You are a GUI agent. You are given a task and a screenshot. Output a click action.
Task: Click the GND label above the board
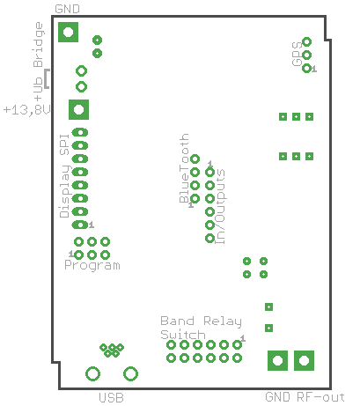point(67,9)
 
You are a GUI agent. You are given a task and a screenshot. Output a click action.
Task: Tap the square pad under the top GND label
point(68,32)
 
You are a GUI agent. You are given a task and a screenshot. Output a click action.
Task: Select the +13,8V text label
point(26,110)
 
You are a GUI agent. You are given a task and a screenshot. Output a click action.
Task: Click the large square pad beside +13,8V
point(78,110)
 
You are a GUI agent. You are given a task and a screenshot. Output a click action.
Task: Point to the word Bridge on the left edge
point(39,45)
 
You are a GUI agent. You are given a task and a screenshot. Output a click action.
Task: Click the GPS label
point(297,54)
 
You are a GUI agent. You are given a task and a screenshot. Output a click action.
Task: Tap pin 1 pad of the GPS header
point(306,69)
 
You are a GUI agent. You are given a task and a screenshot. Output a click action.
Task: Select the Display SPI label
point(64,176)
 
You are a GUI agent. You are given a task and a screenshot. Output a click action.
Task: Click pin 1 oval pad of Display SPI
point(80,225)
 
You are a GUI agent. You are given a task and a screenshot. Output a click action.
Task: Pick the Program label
point(92,265)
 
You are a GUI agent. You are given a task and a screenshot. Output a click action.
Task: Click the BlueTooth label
point(184,168)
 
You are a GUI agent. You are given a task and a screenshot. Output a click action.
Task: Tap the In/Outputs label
point(220,206)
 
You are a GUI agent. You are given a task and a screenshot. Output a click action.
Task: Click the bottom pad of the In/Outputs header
point(209,239)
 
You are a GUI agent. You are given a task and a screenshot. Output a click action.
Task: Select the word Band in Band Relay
point(177,321)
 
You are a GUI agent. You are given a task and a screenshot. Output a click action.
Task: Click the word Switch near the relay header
point(183,335)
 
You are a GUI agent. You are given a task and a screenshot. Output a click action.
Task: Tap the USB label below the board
point(111,398)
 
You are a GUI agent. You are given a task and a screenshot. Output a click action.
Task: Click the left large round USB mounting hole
point(92,373)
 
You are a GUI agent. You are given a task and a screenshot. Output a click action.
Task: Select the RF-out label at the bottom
point(321,397)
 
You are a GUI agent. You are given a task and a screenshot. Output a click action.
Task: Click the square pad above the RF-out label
point(304,360)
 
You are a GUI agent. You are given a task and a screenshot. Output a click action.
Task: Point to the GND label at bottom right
point(277,397)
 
